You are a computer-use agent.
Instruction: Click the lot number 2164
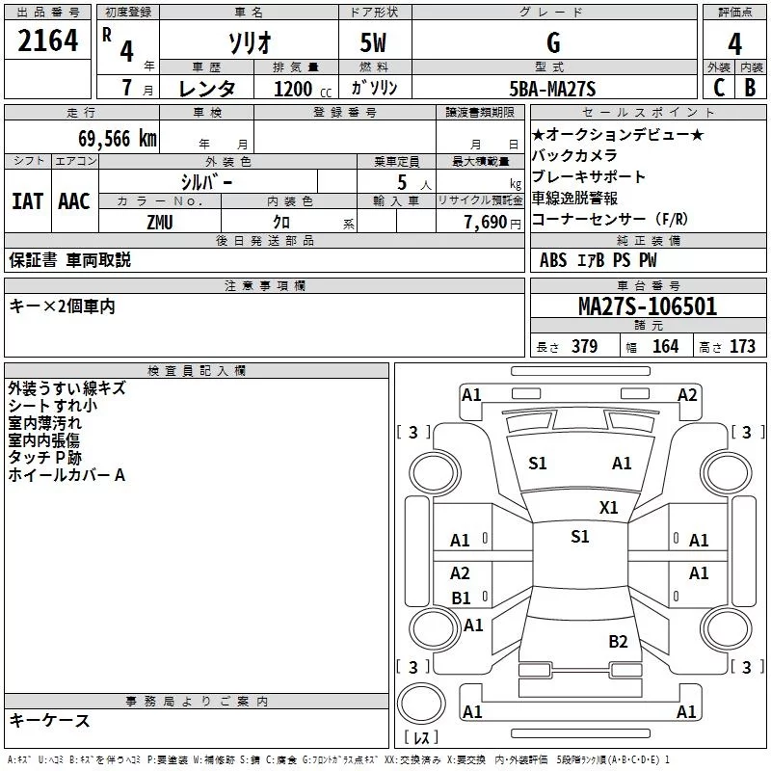coord(47,40)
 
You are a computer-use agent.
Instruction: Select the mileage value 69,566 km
coord(118,139)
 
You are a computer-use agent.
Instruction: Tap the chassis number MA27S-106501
coord(648,306)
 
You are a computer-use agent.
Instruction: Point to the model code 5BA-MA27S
coord(552,89)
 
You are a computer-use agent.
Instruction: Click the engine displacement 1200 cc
coord(303,89)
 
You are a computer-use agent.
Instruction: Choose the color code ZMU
coord(160,223)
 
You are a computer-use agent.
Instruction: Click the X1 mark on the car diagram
coord(608,508)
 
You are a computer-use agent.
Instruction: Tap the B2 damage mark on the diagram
coord(618,642)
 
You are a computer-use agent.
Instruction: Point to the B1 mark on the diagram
coord(461,598)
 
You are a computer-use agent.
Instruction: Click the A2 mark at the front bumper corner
coord(687,395)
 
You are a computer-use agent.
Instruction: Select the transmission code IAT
coord(28,201)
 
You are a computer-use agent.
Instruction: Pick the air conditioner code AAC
coord(74,201)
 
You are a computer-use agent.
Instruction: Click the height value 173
coord(742,346)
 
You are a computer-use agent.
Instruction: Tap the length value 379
coord(585,346)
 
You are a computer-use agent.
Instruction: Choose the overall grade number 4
coord(734,44)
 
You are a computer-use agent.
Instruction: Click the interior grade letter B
coord(750,88)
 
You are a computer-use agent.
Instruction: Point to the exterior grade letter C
coord(719,88)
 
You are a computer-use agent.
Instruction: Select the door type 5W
coord(373,42)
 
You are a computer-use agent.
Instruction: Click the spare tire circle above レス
coord(421,703)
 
